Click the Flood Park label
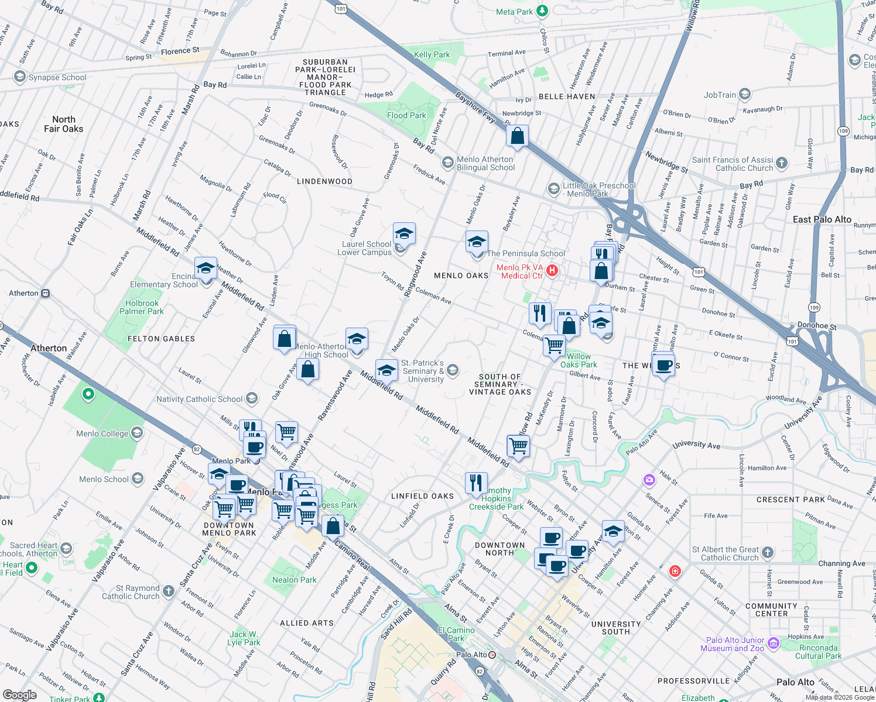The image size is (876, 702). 406,115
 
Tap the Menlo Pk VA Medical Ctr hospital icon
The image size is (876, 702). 552,270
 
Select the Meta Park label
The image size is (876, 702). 514,12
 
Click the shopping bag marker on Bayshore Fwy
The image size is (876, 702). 518,136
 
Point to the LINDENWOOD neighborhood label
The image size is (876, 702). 324,181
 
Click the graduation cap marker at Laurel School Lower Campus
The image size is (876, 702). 404,235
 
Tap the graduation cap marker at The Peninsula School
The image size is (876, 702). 477,242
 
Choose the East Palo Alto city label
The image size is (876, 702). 822,219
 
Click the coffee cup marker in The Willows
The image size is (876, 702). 663,366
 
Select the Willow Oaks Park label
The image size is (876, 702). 579,360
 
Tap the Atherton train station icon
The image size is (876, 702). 46,293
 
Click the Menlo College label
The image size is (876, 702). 102,433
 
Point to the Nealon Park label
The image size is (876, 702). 294,580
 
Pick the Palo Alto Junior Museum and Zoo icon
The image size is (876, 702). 774,643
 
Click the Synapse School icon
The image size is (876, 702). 20,77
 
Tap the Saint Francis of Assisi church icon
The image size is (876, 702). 782,163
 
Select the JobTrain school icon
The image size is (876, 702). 745,94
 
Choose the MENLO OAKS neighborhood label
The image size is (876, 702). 461,276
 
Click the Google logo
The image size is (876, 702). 19,694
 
